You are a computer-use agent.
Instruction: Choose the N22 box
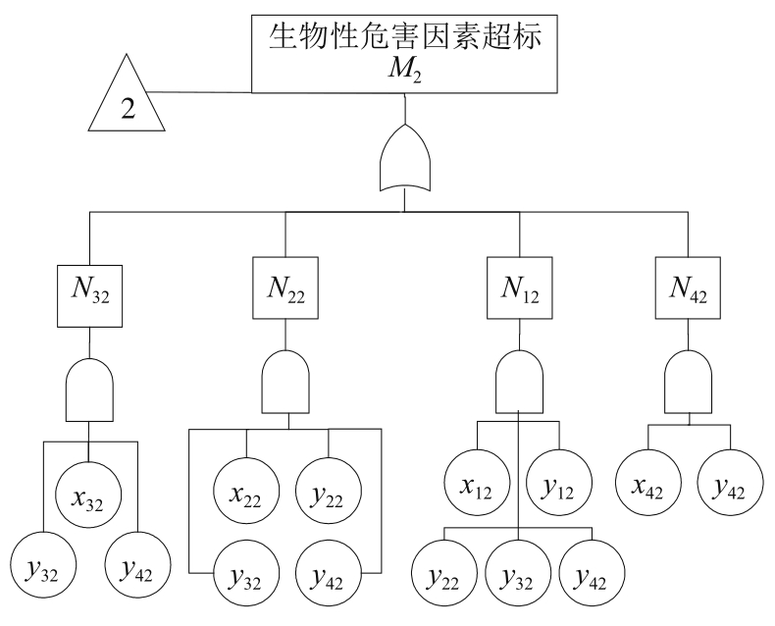click(x=285, y=289)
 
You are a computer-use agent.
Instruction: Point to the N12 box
click(x=519, y=290)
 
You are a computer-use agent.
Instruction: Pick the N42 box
click(x=689, y=289)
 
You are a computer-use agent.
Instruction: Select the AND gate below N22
click(x=287, y=386)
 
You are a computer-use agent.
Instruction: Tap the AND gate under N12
click(x=519, y=386)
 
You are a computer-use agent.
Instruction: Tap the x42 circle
click(x=647, y=480)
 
